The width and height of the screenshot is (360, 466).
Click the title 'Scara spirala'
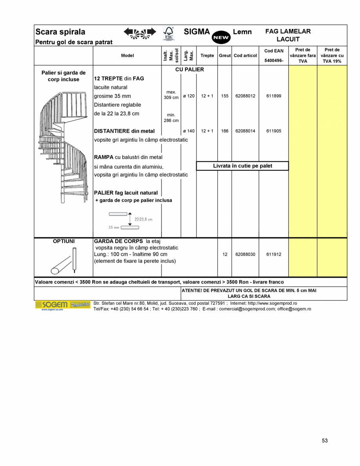point(60,32)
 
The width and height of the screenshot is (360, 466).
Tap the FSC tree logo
point(168,34)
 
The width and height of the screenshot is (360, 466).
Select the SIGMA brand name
point(197,32)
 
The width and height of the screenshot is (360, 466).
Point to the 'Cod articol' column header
point(245,56)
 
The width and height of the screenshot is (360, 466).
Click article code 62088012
point(245,96)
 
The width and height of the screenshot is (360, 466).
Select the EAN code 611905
point(273,131)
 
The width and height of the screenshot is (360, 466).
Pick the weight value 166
point(225,131)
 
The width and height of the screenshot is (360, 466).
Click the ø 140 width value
point(188,131)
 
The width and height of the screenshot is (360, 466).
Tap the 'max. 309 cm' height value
point(171,95)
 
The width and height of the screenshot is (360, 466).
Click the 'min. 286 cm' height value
point(171,118)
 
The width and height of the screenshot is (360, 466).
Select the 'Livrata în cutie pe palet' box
point(242,166)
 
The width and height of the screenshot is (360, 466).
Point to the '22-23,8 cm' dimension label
point(143,219)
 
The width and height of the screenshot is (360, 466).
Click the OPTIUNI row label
point(64,241)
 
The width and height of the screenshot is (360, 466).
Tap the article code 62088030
point(245,255)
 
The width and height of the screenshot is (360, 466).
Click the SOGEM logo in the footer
point(52,305)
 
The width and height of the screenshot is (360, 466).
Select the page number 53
point(325,441)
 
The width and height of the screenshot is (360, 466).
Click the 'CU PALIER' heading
point(190,69)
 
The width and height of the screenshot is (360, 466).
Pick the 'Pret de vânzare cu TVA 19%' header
point(332,56)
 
